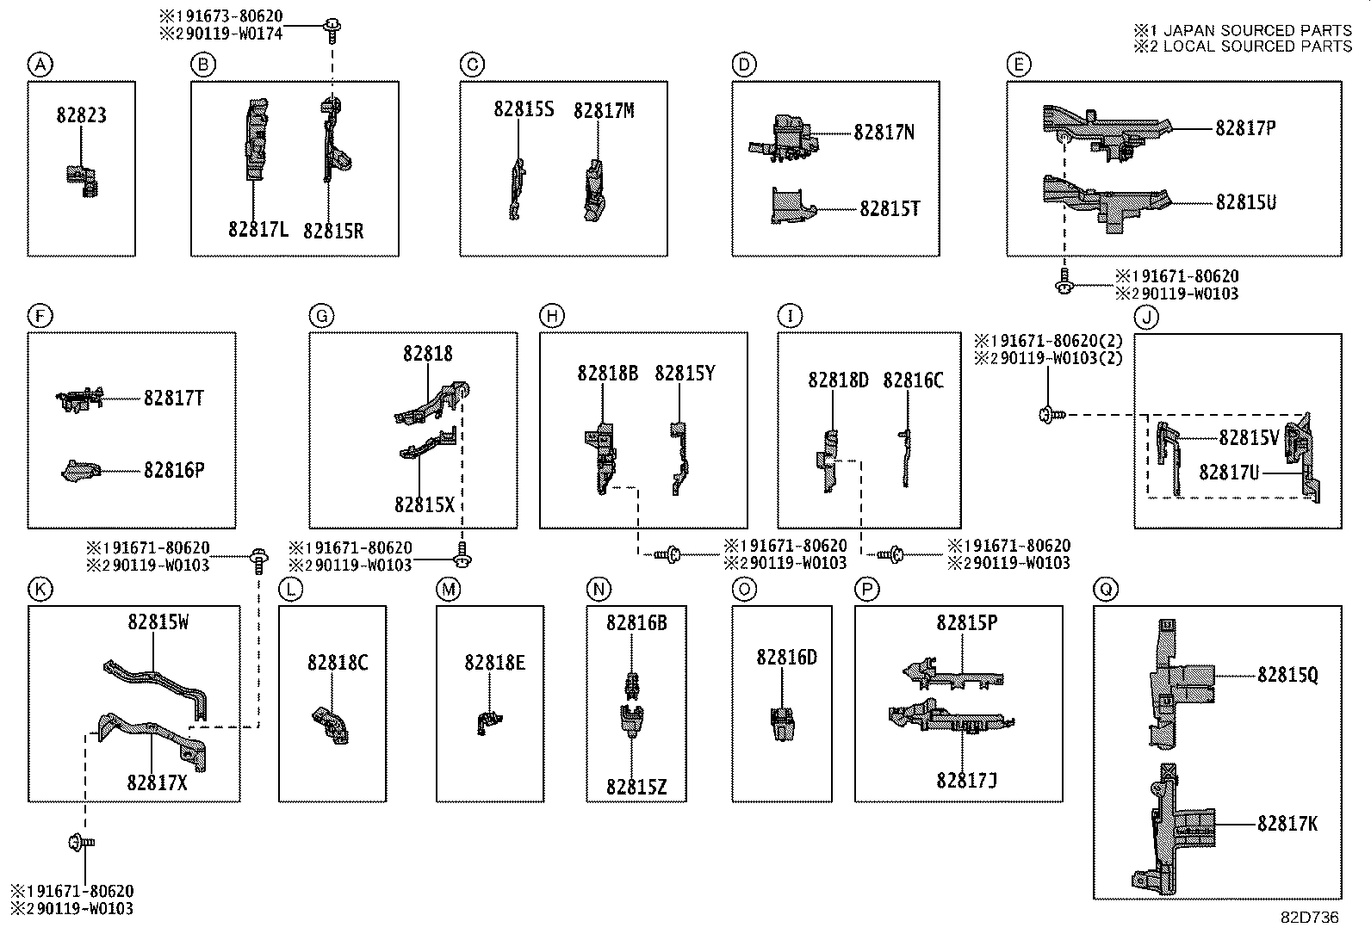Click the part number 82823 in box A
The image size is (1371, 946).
[x=82, y=115]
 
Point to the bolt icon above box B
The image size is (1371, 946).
[x=329, y=28]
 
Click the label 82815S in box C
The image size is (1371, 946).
[x=524, y=109]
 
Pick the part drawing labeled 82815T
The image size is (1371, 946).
[x=791, y=207]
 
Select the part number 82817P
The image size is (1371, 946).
[x=1245, y=128]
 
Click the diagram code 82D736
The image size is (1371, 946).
[x=1308, y=918]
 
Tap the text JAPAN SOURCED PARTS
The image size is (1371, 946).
[x=1257, y=30]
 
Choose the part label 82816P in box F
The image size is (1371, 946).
[x=174, y=470]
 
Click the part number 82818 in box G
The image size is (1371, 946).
[x=427, y=354]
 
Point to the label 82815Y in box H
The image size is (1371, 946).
[x=685, y=374]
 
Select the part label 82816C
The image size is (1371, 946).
[x=913, y=380]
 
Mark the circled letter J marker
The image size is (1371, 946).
[x=1146, y=317]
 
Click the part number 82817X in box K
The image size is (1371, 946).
[x=157, y=782]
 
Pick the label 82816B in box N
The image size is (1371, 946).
[x=636, y=622]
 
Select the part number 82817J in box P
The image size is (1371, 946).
[x=966, y=781]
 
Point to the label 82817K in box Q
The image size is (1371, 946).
[x=1287, y=824]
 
